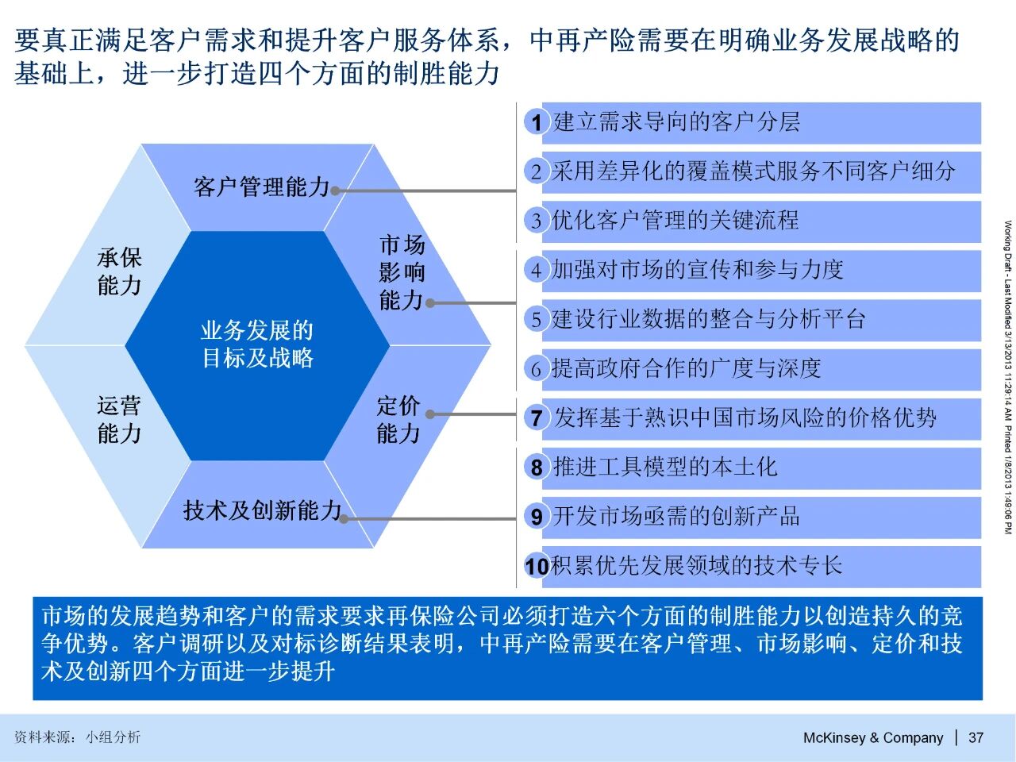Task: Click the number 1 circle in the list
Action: point(536,122)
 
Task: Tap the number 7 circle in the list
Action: point(536,418)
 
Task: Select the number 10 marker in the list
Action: point(537,566)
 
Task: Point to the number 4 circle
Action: point(536,270)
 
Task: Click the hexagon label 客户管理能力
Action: point(261,187)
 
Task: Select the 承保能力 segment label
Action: point(119,271)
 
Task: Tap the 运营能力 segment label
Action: point(119,420)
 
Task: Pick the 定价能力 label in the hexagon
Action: point(398,420)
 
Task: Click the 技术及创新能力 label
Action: point(263,510)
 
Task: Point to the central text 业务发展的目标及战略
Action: point(257,344)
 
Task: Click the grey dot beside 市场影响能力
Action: point(430,303)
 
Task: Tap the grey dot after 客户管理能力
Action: point(336,190)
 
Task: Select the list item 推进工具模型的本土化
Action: point(665,467)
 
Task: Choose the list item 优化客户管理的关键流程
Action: point(675,220)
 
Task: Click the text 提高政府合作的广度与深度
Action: point(686,369)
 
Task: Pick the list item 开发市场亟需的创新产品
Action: point(677,516)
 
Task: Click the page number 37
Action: point(976,737)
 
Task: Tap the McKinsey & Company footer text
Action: point(873,737)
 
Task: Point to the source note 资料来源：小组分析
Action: point(77,737)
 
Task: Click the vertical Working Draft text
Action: point(1008,377)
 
